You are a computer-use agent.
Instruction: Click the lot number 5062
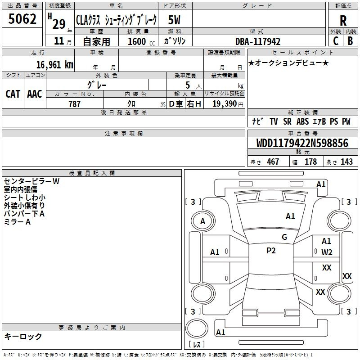coord(22,19)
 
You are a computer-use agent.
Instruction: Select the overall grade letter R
coord(343,21)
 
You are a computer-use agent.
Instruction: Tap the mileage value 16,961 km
coord(55,64)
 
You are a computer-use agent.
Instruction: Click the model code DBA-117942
coord(258,41)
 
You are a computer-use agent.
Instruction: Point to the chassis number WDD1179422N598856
coord(302,143)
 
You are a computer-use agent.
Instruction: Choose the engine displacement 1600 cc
coord(141,41)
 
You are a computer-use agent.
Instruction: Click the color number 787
coord(74,104)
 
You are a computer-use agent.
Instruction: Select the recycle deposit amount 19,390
coord(225,103)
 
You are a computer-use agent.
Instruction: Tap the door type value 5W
coord(174,20)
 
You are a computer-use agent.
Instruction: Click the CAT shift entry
coord(13,94)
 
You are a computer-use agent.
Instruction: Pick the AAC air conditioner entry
coord(35,94)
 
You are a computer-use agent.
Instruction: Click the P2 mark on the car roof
coord(271,251)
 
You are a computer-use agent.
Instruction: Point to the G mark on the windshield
coord(284,237)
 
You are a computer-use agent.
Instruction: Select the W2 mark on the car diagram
coord(327,252)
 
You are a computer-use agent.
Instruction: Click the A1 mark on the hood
coord(290,216)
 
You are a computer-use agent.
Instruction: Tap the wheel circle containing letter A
coord(203,221)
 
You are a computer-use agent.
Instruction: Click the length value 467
coord(273,162)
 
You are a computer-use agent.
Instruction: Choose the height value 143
coord(346,162)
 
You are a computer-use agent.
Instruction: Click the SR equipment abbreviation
coord(287,121)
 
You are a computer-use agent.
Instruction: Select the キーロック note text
coord(23,336)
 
